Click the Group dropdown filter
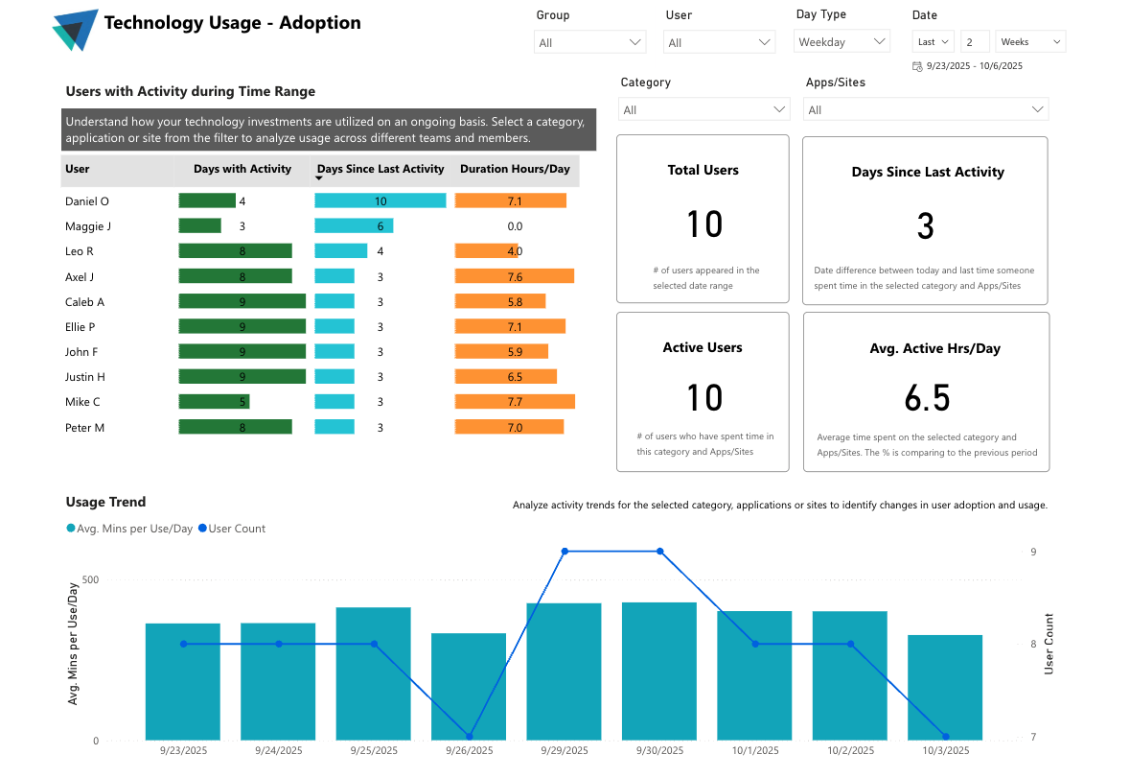click(x=589, y=42)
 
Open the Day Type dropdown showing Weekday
click(x=842, y=41)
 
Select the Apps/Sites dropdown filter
click(x=925, y=109)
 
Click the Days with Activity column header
click(x=242, y=169)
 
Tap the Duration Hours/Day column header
click(x=515, y=169)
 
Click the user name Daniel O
click(x=87, y=201)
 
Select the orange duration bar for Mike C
click(x=515, y=402)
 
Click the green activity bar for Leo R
click(x=235, y=251)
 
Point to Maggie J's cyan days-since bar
click(x=354, y=226)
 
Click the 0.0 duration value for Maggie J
click(x=515, y=226)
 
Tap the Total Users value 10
click(x=703, y=224)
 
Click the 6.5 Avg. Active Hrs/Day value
click(x=926, y=397)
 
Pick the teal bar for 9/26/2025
click(x=469, y=686)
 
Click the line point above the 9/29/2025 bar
click(x=565, y=552)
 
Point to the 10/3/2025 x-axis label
click(x=945, y=751)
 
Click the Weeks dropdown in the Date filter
click(x=1030, y=42)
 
